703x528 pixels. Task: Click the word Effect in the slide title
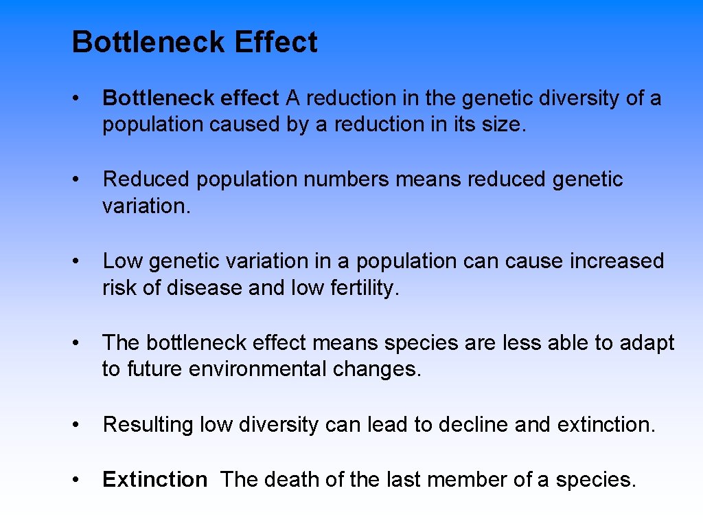(275, 43)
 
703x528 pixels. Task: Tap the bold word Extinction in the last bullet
(154, 479)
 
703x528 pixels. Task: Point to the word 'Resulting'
(148, 425)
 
